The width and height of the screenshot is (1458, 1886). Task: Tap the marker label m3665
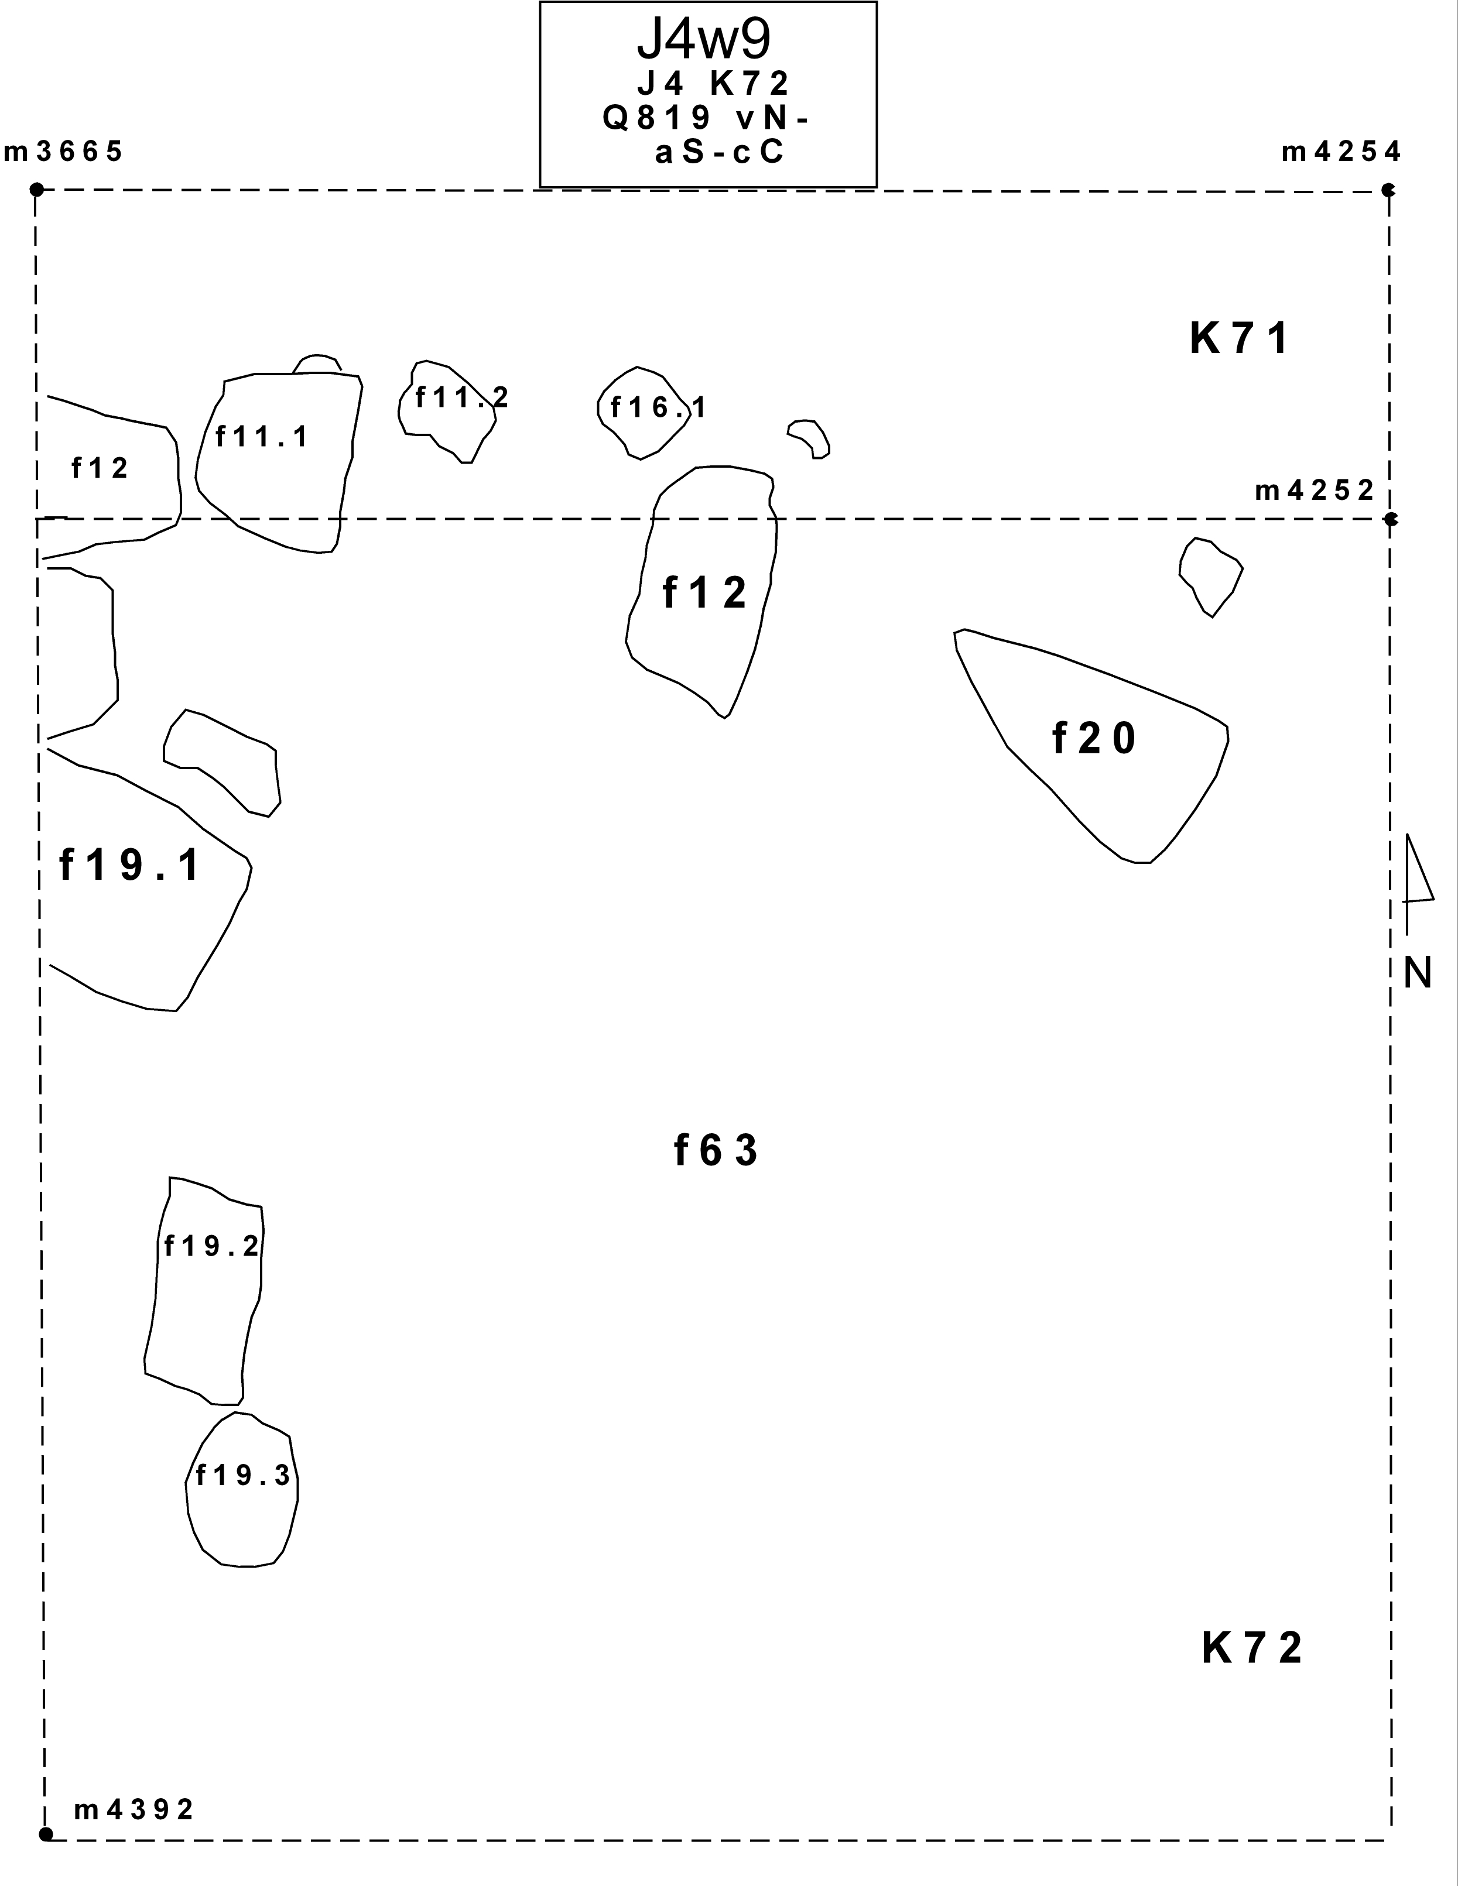tap(64, 152)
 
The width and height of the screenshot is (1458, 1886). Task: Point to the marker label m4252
tap(1315, 491)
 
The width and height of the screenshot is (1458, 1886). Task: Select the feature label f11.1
tap(262, 437)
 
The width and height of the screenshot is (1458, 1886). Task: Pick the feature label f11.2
tap(462, 397)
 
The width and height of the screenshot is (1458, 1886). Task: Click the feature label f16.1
tap(658, 407)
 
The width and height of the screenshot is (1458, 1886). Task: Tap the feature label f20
tap(1094, 739)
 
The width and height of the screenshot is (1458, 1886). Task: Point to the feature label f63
tap(716, 1151)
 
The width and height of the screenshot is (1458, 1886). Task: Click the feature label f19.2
tap(211, 1246)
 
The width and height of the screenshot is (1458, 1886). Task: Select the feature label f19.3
tap(244, 1476)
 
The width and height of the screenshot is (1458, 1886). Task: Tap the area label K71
tap(1240, 338)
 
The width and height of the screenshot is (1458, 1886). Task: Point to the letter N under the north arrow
tap(1418, 973)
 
